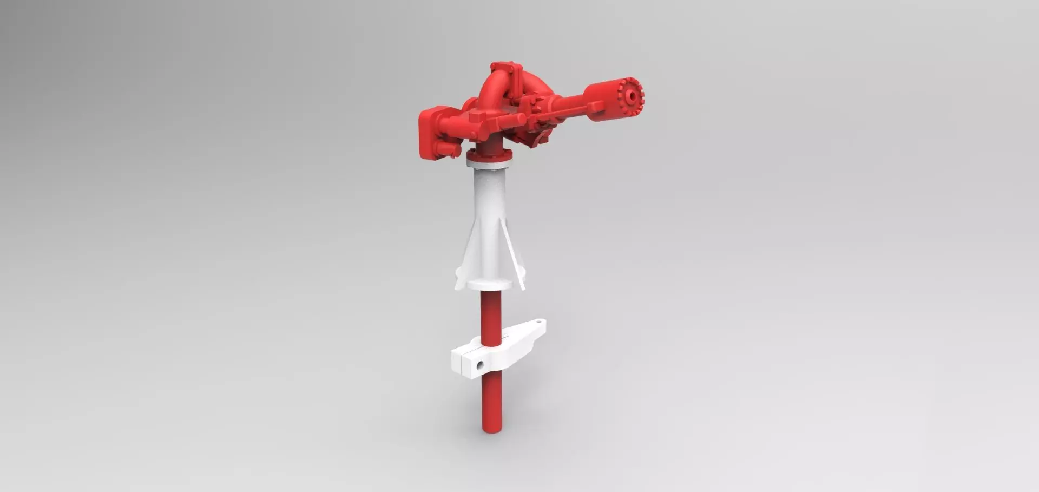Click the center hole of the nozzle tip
(x=631, y=96)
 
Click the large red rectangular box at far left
(x=431, y=133)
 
